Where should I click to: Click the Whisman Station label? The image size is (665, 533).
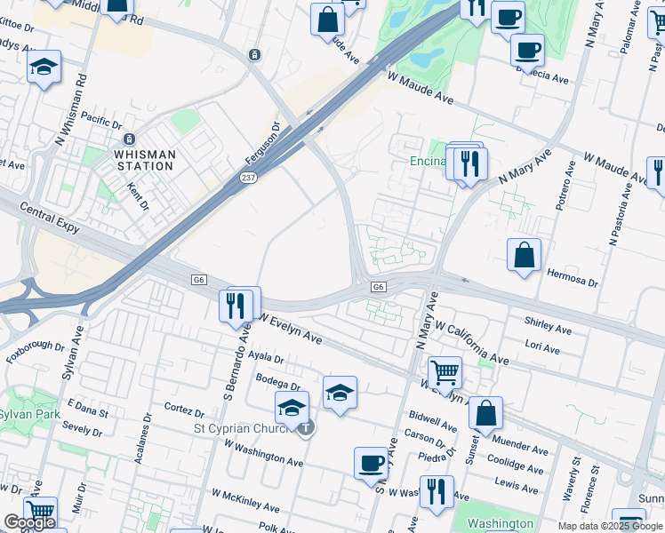click(x=144, y=160)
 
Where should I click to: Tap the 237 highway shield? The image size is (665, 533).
click(x=248, y=179)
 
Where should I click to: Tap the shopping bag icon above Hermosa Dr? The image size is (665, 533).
click(x=525, y=254)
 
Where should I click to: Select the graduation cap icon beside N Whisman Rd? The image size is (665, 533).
click(x=44, y=68)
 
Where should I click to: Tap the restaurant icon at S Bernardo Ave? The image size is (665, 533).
click(x=236, y=306)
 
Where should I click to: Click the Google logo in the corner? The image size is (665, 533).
click(x=29, y=523)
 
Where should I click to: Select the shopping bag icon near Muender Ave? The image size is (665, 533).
click(x=485, y=413)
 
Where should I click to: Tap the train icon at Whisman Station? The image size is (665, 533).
click(x=130, y=139)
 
